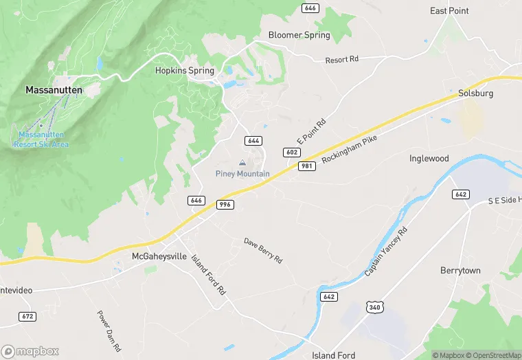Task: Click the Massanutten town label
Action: click(54, 89)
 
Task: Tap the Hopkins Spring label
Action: click(184, 70)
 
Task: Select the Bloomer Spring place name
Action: click(299, 34)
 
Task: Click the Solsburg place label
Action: click(476, 93)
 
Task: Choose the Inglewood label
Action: click(429, 158)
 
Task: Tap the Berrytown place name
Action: click(460, 271)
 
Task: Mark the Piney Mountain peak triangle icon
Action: click(242, 163)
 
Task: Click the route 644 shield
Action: click(253, 140)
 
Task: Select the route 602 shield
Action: click(291, 152)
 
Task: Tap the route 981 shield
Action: click(306, 166)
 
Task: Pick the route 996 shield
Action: click(225, 205)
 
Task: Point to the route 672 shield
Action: click(27, 316)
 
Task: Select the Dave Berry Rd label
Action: click(263, 251)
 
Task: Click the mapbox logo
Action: click(30, 350)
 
